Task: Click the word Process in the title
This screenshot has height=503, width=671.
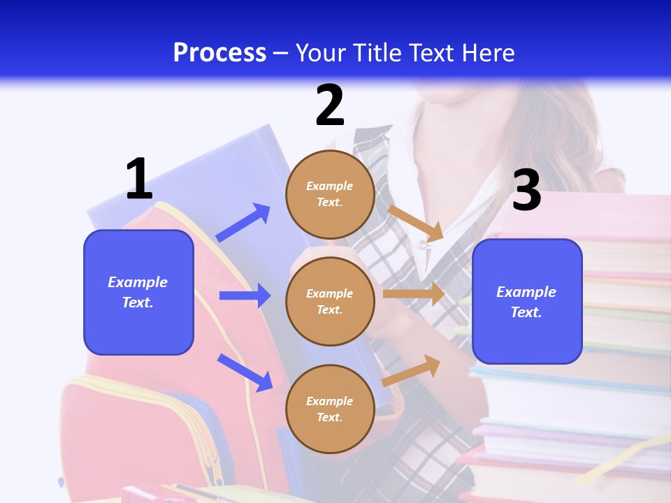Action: click(x=219, y=52)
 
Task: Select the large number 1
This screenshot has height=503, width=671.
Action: click(x=139, y=180)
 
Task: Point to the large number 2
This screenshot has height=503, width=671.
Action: click(x=330, y=105)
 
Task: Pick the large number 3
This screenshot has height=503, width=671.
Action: click(x=526, y=191)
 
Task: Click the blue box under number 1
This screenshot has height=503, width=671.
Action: click(x=138, y=292)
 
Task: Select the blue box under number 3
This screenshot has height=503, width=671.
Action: click(x=527, y=301)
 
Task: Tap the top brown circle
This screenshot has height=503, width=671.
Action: click(x=330, y=194)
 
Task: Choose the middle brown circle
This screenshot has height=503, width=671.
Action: click(x=330, y=301)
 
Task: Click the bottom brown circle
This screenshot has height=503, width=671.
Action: click(x=330, y=409)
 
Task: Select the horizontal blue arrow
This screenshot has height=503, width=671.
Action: click(x=245, y=296)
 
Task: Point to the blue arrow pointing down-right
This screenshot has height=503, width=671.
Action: click(x=245, y=372)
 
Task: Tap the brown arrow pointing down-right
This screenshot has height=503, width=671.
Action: click(x=416, y=223)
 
